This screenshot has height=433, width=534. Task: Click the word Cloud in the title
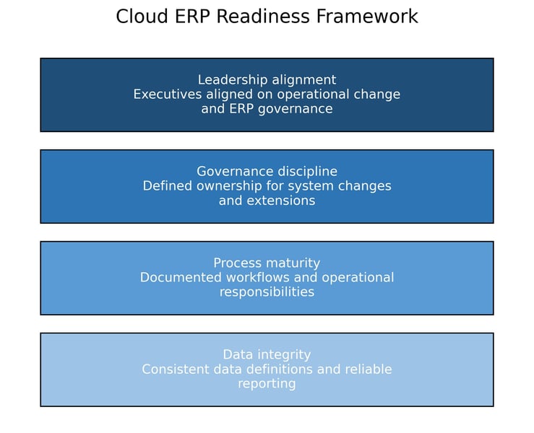click(x=139, y=17)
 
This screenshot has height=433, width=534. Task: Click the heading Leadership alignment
click(x=267, y=80)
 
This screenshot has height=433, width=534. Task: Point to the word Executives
click(x=167, y=95)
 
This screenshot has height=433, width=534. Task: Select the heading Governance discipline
click(x=267, y=172)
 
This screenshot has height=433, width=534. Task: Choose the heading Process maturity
click(x=267, y=263)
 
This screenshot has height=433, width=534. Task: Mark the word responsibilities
click(x=267, y=292)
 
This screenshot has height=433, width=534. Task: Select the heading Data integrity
click(x=267, y=355)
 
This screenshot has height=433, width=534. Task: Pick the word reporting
click(x=267, y=384)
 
